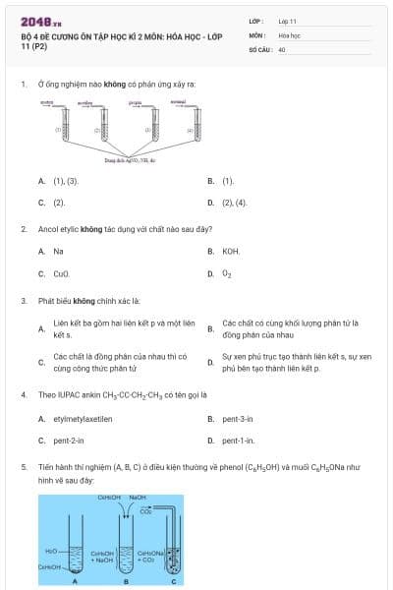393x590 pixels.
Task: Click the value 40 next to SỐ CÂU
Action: [x=282, y=48]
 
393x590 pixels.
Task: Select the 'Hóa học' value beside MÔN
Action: [x=289, y=34]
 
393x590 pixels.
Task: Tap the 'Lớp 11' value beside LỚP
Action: [x=287, y=21]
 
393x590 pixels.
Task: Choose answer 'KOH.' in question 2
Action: [x=231, y=251]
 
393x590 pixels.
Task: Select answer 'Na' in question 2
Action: [x=59, y=251]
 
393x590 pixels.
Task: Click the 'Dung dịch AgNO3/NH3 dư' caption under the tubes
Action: [x=125, y=160]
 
